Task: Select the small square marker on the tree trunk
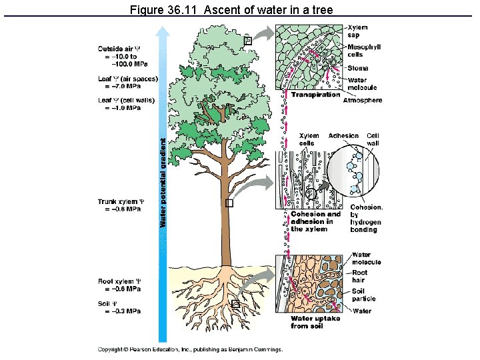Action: click(230, 204)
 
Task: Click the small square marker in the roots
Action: click(235, 304)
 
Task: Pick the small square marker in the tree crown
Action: click(248, 41)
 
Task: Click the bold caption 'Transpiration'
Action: click(315, 95)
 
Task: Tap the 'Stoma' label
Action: click(359, 68)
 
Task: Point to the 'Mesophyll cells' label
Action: click(364, 50)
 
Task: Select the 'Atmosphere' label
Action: click(363, 101)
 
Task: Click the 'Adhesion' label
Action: click(343, 135)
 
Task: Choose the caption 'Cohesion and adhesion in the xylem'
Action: click(315, 221)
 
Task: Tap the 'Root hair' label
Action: click(359, 276)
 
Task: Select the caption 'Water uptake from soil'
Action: click(315, 322)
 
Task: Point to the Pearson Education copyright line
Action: click(190, 349)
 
